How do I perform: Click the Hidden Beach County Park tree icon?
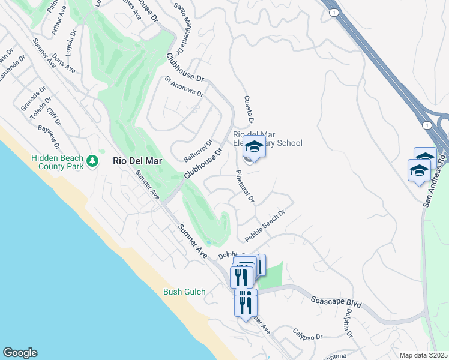[x=92, y=161]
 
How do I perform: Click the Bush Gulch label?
[x=184, y=292]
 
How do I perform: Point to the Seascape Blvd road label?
[x=336, y=301]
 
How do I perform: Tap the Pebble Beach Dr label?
[x=265, y=226]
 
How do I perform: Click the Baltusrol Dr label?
[x=199, y=151]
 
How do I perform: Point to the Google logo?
[x=20, y=353]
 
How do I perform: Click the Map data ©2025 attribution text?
[x=423, y=355]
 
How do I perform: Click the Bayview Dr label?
[x=49, y=137]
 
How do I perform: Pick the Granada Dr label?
[x=34, y=98]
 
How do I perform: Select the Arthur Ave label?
[x=58, y=20]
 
